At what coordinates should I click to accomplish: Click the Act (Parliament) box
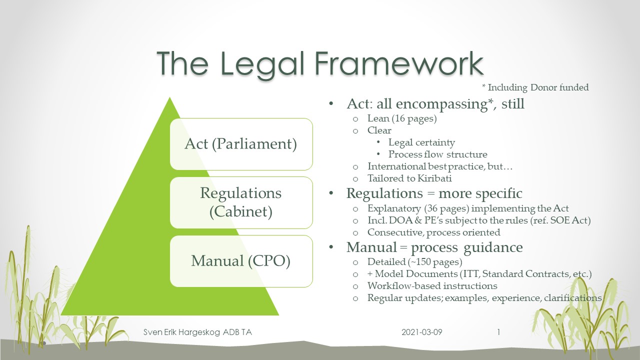click(x=241, y=144)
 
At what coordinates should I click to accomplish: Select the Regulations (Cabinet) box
click(x=241, y=202)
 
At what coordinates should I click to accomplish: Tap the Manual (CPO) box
click(x=241, y=261)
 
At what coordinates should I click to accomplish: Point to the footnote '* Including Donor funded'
click(x=535, y=87)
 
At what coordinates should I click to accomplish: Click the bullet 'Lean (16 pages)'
click(x=402, y=118)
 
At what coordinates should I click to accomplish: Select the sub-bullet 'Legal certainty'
click(x=421, y=142)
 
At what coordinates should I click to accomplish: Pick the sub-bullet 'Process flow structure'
click(x=437, y=154)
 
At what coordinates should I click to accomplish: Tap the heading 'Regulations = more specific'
click(x=434, y=193)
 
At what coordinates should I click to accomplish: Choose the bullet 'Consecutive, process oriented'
click(x=434, y=232)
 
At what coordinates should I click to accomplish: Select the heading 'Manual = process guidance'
click(x=434, y=247)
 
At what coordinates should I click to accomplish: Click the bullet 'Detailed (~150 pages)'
click(x=414, y=261)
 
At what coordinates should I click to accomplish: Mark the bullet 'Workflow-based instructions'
click(x=432, y=286)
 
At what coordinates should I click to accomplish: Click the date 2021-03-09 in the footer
click(x=421, y=332)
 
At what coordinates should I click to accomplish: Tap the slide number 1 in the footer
click(x=498, y=332)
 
